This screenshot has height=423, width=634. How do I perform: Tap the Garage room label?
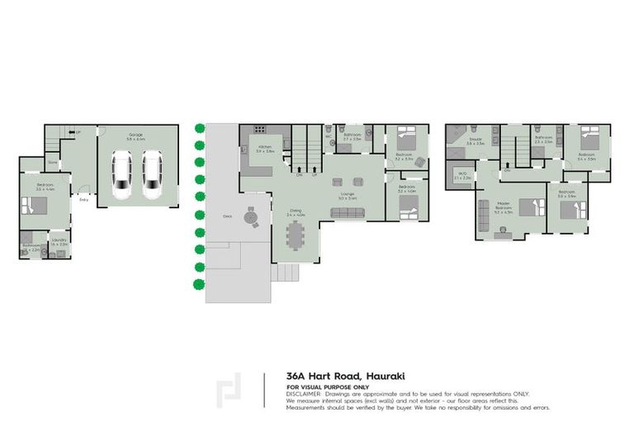pyautogui.click(x=135, y=135)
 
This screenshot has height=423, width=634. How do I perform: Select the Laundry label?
pyautogui.click(x=58, y=240)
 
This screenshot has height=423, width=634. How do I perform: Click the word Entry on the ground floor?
pyautogui.click(x=83, y=200)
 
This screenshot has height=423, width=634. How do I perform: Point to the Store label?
pyautogui.click(x=52, y=163)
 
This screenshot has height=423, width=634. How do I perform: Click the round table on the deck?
pyautogui.click(x=251, y=220)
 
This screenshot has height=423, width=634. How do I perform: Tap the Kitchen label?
pyautogui.click(x=265, y=147)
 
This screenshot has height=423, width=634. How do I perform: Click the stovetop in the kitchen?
pyautogui.click(x=258, y=130)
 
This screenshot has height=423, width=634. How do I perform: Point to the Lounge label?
pyautogui.click(x=347, y=194)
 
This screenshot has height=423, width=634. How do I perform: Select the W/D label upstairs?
pyautogui.click(x=462, y=173)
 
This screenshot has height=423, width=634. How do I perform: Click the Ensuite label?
pyautogui.click(x=475, y=140)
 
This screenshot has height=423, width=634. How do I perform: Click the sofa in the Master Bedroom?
pyautogui.click(x=483, y=216)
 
